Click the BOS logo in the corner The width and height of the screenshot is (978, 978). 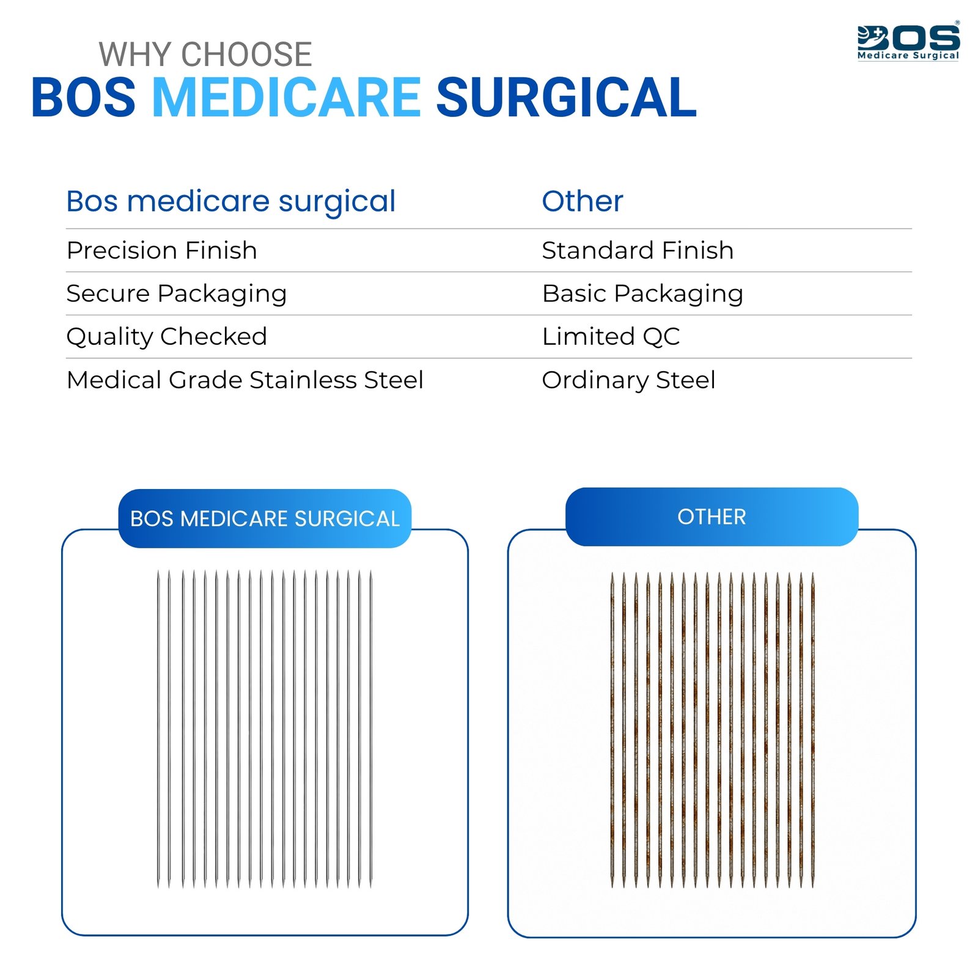(908, 42)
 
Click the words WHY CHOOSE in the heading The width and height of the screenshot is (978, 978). (205, 54)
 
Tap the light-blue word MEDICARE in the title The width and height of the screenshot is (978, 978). (286, 97)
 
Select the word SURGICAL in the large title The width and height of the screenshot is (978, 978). (566, 97)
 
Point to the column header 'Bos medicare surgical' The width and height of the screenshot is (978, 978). (231, 202)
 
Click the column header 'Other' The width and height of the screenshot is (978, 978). (583, 201)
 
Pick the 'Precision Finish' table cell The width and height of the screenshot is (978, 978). (162, 251)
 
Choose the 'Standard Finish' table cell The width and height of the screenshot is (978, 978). (638, 251)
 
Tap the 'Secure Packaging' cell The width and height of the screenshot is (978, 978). (177, 294)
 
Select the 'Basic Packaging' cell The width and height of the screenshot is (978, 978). (642, 294)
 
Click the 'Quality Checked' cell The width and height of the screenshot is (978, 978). (167, 337)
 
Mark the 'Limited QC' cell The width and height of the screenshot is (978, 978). (611, 337)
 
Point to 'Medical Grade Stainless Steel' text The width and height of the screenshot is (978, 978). (245, 380)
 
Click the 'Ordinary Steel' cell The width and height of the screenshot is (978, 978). (628, 380)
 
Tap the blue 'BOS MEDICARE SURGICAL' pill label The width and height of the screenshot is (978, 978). (265, 518)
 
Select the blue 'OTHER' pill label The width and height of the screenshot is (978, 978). (712, 517)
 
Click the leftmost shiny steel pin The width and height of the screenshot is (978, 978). (159, 729)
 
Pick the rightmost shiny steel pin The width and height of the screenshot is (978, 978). (370, 729)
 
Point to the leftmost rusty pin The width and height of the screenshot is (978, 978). (612, 730)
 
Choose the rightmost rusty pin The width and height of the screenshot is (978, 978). (813, 730)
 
